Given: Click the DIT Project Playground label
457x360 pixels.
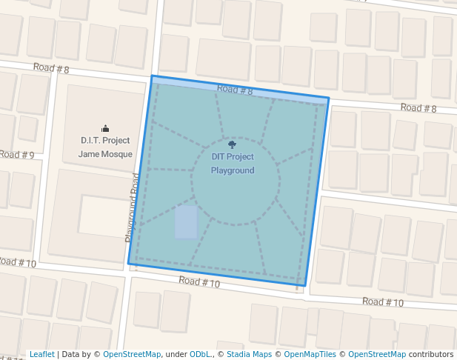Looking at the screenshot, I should tap(233, 164).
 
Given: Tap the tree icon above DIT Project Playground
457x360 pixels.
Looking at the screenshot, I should tap(232, 145).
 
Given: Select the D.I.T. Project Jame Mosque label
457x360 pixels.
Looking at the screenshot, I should tap(105, 147).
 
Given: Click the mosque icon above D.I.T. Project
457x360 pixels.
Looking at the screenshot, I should tap(105, 128).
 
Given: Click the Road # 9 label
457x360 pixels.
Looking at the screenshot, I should tap(16, 155).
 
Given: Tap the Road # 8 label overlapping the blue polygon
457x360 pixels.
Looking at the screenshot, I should tap(235, 90).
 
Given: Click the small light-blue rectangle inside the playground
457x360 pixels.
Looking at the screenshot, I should tap(186, 222).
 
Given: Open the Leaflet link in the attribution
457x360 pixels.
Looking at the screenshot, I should tap(41, 355).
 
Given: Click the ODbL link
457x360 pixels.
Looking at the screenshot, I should tap(200, 355).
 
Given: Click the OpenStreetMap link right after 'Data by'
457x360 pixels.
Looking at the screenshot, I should tap(132, 355).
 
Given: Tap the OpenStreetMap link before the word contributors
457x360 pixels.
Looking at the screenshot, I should tap(377, 355).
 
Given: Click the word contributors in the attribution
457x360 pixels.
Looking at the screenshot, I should tap(430, 355).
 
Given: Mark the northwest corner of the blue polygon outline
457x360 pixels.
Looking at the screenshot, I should tap(152, 76).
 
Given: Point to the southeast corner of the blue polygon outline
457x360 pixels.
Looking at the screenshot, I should tap(305, 285).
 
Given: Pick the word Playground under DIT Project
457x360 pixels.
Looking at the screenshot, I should tap(233, 171).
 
